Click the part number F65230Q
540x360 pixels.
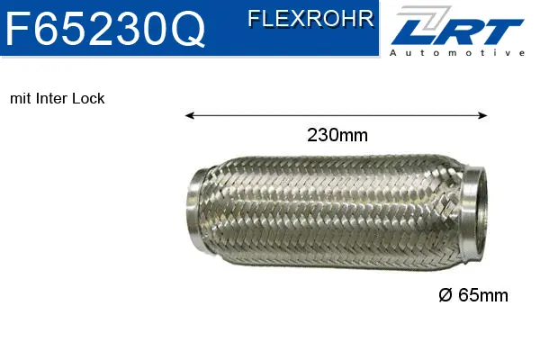pos(105,29)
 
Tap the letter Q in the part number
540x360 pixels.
pos(188,30)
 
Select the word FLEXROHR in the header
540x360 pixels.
pos(310,19)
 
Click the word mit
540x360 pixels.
pos(19,99)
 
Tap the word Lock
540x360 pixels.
pos(90,99)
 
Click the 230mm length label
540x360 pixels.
pos(337,136)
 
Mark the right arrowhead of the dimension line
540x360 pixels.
pos(483,115)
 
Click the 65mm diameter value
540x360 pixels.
pos(484,294)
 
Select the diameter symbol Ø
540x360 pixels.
pos(445,294)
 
